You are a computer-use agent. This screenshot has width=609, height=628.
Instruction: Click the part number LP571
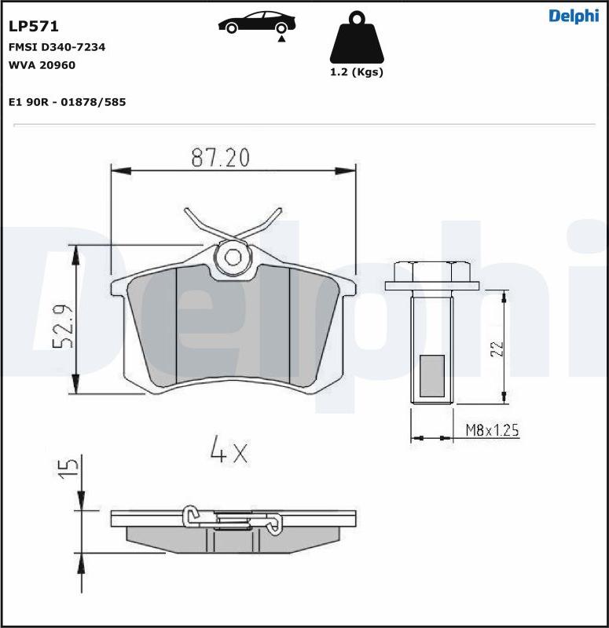[34, 27]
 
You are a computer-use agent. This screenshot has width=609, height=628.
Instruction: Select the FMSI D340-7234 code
[57, 47]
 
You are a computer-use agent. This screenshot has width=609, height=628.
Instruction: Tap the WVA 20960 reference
[42, 65]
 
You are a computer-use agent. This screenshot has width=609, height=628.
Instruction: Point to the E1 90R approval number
[68, 102]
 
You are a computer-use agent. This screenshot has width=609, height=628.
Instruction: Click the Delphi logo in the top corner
[574, 16]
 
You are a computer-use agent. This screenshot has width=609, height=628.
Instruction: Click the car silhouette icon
[257, 23]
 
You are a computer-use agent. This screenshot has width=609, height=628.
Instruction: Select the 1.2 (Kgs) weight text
[357, 72]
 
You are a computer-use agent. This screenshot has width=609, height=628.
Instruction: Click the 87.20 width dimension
[220, 158]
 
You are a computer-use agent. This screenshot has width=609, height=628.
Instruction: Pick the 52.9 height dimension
[63, 326]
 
